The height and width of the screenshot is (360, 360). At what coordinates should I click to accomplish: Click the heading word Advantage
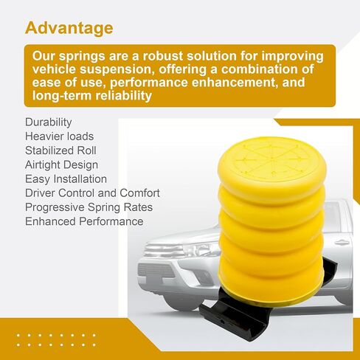(69, 29)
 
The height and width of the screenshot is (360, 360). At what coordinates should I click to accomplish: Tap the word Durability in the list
(49, 122)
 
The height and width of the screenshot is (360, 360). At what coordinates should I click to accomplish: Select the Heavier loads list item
(59, 136)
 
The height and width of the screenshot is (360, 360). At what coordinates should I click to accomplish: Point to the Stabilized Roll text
(60, 150)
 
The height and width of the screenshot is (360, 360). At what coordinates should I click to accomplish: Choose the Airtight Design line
(61, 165)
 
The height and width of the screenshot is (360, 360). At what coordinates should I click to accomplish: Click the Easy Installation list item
(66, 179)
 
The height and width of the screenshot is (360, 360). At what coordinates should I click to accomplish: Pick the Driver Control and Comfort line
(92, 193)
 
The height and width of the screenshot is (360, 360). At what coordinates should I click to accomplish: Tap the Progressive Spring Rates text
(89, 207)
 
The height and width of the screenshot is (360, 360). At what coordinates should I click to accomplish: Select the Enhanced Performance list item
(84, 221)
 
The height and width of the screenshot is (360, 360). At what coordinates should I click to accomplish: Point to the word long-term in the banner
(62, 95)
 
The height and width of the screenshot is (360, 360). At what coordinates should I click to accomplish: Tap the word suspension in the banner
(115, 69)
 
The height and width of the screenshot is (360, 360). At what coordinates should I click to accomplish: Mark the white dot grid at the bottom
(56, 340)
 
